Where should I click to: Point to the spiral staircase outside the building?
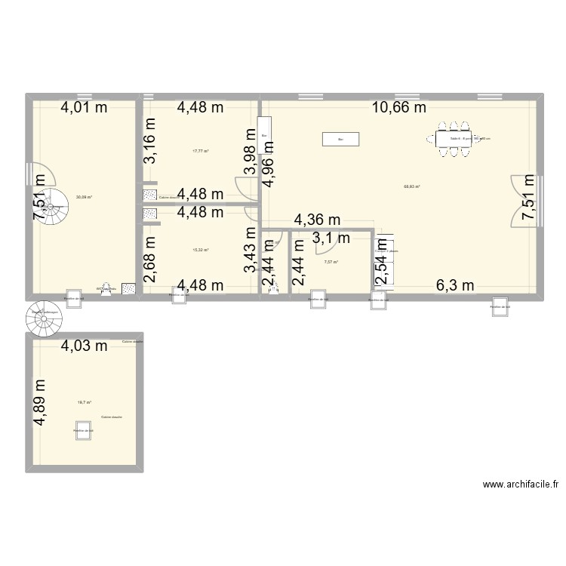click(42, 320)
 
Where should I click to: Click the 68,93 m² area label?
click(412, 186)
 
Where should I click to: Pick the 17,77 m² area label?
click(200, 151)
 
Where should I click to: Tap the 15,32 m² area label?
click(200, 250)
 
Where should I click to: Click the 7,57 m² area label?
click(331, 263)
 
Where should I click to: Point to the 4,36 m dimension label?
click(317, 220)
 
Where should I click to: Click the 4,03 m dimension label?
click(84, 346)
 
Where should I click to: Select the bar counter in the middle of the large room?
click(340, 139)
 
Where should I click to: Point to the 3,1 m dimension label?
click(332, 238)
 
